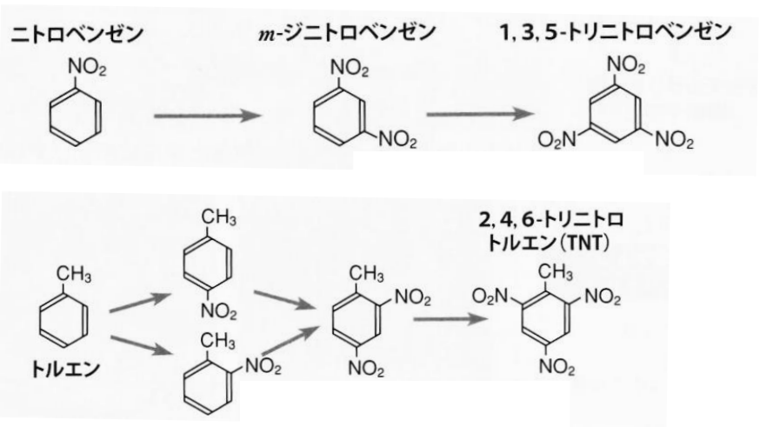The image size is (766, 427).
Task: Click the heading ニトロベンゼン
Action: click(77, 35)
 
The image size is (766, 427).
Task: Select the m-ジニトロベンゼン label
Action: click(347, 32)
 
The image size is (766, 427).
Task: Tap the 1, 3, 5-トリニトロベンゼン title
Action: click(616, 32)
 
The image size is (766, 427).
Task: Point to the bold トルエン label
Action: click(66, 369)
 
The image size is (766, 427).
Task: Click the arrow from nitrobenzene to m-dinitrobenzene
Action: click(208, 116)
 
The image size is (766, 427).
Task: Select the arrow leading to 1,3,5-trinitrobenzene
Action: click(481, 114)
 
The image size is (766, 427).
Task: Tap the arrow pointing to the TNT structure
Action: click(450, 320)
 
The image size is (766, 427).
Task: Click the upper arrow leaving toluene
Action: click(140, 303)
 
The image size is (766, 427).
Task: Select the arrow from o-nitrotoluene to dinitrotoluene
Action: click(290, 341)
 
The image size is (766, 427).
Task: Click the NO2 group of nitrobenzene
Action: click(87, 68)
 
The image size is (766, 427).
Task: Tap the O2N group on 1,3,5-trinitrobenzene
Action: click(557, 140)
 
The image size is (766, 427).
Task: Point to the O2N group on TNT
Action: click(490, 297)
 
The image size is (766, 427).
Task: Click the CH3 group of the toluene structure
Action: click(73, 274)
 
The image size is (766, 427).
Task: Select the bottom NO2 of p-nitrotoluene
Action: click(218, 311)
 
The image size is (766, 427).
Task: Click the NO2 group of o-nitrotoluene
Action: click(263, 365)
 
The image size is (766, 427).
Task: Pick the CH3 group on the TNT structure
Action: click(555, 271)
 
